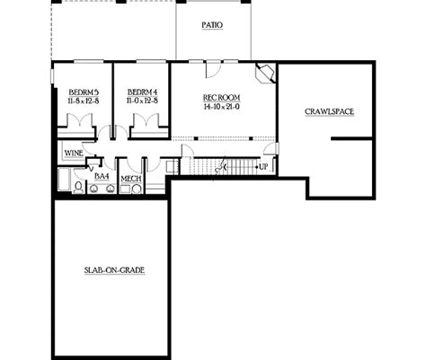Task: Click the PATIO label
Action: tap(212, 25)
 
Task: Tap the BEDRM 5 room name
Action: tap(84, 92)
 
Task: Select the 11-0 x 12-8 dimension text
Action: tap(142, 101)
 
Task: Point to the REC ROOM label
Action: tap(222, 98)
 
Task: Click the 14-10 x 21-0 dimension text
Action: tap(222, 107)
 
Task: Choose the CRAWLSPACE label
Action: tap(329, 111)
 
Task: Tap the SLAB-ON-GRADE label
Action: tap(114, 270)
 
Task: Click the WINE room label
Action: tap(74, 154)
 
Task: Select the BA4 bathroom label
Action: tap(102, 177)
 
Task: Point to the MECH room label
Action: tap(131, 179)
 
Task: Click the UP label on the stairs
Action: tap(263, 167)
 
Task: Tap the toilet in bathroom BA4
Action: tap(79, 188)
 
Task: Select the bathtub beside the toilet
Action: tap(64, 180)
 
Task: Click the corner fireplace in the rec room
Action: tap(265, 73)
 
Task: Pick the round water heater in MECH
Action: tap(137, 189)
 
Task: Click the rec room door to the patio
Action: tap(213, 70)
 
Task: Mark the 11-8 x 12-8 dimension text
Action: tap(84, 101)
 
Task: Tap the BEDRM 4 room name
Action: tap(142, 92)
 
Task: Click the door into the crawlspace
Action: tap(271, 149)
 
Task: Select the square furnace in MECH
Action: tap(125, 189)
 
